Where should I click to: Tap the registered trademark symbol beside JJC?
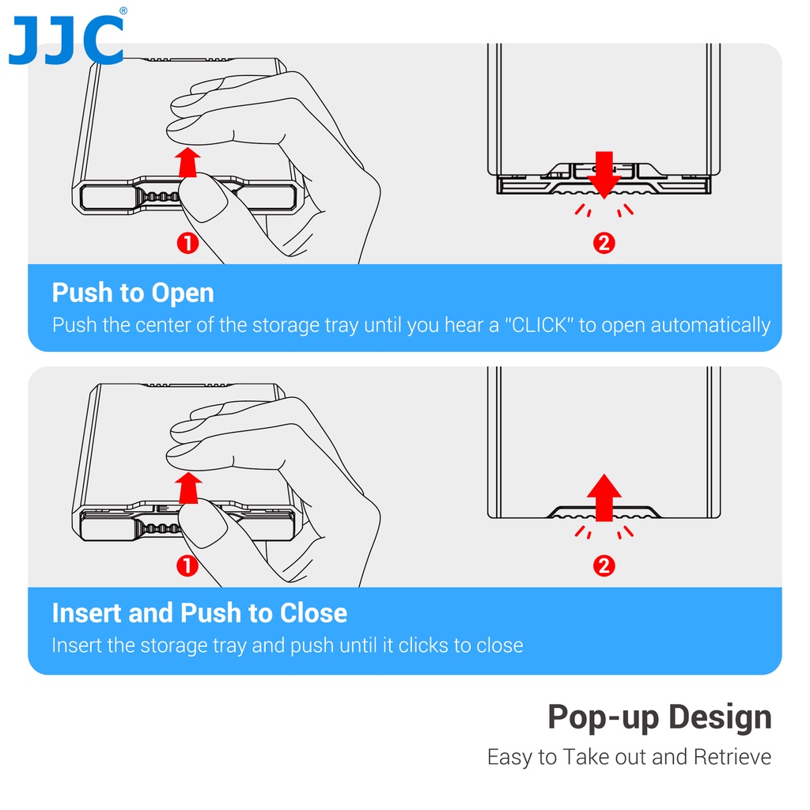click(x=123, y=10)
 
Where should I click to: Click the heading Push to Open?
click(x=133, y=293)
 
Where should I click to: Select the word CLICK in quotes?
click(x=539, y=325)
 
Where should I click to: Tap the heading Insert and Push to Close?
click(x=199, y=613)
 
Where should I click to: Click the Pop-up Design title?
click(x=659, y=717)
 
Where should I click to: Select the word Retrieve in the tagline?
click(x=732, y=757)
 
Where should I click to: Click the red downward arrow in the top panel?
click(x=604, y=175)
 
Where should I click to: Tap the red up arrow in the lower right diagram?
click(x=604, y=498)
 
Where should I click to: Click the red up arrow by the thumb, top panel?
click(x=187, y=162)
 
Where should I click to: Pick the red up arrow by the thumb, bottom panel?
click(x=188, y=487)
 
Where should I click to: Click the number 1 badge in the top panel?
click(x=187, y=243)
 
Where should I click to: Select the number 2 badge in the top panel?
click(x=604, y=243)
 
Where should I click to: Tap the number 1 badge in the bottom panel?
click(x=187, y=566)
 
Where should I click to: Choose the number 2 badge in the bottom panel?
click(x=604, y=566)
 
